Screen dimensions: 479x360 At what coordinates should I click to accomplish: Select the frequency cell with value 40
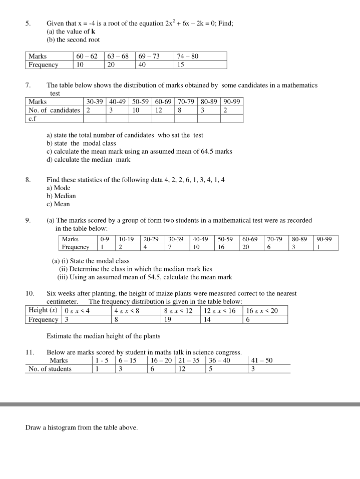(142, 65)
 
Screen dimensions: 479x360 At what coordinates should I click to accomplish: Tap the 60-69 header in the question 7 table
(163, 102)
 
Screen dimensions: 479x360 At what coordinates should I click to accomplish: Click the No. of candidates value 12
(159, 110)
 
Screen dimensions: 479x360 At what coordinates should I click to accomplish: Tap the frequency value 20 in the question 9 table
(246, 247)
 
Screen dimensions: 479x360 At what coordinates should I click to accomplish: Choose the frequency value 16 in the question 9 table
(221, 247)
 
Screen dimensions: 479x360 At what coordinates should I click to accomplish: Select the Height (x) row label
(43, 310)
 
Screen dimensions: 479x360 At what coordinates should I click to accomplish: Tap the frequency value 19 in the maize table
(168, 319)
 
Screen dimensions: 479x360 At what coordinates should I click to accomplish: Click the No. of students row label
(50, 369)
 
